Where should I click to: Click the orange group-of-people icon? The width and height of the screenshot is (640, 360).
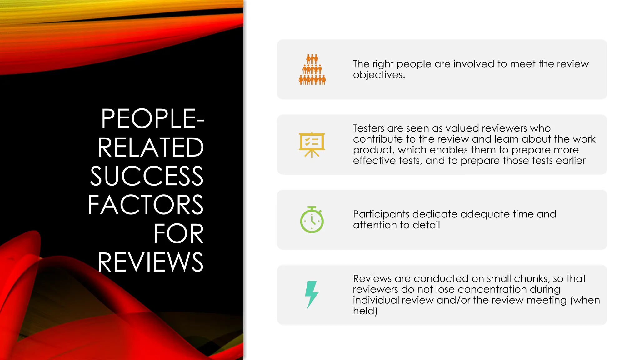pyautogui.click(x=312, y=69)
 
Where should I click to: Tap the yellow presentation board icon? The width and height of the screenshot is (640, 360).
pyautogui.click(x=312, y=145)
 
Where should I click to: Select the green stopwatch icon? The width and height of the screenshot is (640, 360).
pyautogui.click(x=312, y=220)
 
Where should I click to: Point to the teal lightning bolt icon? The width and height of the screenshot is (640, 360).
pyautogui.click(x=312, y=294)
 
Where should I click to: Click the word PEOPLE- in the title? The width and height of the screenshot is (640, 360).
pyautogui.click(x=152, y=119)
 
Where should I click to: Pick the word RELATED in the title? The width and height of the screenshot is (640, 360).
pyautogui.click(x=151, y=147)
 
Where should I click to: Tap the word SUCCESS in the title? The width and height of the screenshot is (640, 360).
pyautogui.click(x=147, y=176)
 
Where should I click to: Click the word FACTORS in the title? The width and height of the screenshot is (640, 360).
pyautogui.click(x=146, y=205)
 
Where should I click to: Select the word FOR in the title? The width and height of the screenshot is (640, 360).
pyautogui.click(x=178, y=234)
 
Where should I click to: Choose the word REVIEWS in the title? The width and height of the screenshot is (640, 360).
pyautogui.click(x=150, y=262)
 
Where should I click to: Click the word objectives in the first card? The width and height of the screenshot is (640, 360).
pyautogui.click(x=379, y=75)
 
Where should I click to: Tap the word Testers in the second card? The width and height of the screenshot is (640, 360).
pyautogui.click(x=368, y=128)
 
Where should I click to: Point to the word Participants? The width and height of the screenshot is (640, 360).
pyautogui.click(x=381, y=214)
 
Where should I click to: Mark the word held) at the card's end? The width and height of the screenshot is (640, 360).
pyautogui.click(x=365, y=311)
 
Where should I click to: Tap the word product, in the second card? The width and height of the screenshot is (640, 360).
pyautogui.click(x=374, y=150)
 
